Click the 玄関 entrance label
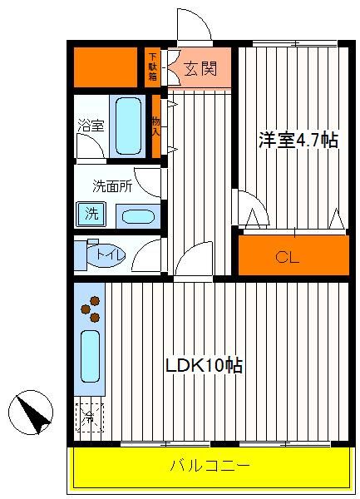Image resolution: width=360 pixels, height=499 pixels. pyautogui.click(x=200, y=68)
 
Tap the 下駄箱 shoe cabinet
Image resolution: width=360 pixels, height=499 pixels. pyautogui.click(x=153, y=67)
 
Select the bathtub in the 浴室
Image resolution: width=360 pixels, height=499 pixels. pyautogui.click(x=128, y=126)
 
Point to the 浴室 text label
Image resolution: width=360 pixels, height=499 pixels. pyautogui.click(x=91, y=125)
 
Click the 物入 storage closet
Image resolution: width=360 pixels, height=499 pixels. pyautogui.click(x=155, y=126)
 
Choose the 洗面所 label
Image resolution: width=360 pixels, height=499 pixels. pyautogui.click(x=112, y=186)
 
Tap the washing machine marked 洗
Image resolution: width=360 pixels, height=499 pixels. pyautogui.click(x=91, y=214)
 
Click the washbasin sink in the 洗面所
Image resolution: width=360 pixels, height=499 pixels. pyautogui.click(x=138, y=217)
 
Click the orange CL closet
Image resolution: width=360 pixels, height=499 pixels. pyautogui.click(x=293, y=255)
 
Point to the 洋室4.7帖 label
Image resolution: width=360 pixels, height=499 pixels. pyautogui.click(x=298, y=140)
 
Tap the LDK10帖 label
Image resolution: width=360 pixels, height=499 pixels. pyautogui.click(x=205, y=365)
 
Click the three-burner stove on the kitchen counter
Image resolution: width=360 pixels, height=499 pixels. pyautogui.click(x=91, y=309)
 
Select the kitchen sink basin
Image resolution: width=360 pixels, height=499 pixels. pyautogui.click(x=90, y=356)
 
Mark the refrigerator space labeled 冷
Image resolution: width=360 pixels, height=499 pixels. pyautogui.click(x=89, y=417)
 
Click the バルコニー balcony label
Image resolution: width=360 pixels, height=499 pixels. pyautogui.click(x=210, y=467)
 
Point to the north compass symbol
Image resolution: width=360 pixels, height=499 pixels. pyautogui.click(x=31, y=413)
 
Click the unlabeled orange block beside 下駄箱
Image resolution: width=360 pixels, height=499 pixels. pyautogui.click(x=106, y=67)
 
